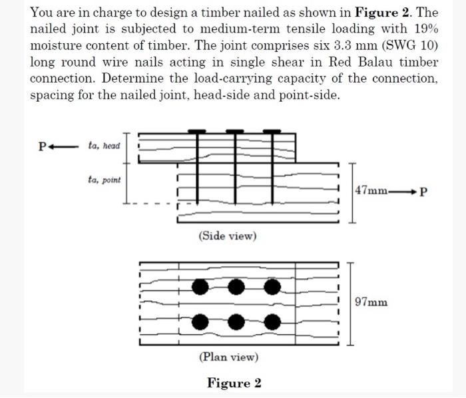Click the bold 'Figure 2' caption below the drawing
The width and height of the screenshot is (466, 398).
pos(234,383)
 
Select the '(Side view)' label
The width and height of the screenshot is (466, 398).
pos(228,236)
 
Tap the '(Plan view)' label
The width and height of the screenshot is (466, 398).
pos(228,357)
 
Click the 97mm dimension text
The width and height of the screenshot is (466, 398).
pos(371,302)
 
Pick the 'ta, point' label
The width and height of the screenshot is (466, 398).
pos(104,179)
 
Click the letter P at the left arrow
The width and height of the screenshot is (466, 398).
pos(43,146)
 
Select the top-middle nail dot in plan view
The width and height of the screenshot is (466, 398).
pos(236,288)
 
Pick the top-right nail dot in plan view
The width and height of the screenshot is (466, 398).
pos(272,288)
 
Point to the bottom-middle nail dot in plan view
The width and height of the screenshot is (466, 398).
pos(236,323)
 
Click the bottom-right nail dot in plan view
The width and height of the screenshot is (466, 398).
pos(272,323)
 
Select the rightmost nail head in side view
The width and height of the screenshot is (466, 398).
pos(272,131)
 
